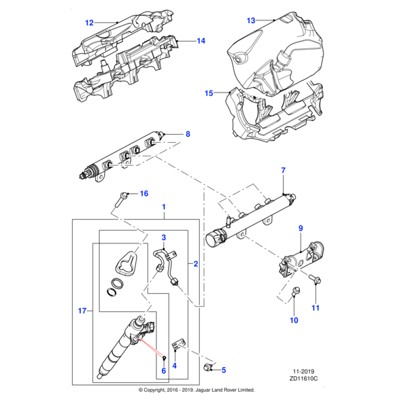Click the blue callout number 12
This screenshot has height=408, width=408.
[89, 23]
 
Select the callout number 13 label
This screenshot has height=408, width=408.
[251, 20]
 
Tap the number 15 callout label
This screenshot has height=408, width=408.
[209, 93]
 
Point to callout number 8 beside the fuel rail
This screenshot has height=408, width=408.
[188, 134]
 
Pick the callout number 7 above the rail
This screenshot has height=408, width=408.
[284, 171]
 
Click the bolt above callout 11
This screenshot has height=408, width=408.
[315, 279]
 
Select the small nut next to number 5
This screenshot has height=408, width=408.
[207, 367]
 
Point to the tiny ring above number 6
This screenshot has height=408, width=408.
[164, 358]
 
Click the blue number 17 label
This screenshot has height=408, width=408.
[82, 311]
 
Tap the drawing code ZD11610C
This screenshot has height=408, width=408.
[303, 379]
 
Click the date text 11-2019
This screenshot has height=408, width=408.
[304, 371]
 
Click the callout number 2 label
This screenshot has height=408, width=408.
[196, 264]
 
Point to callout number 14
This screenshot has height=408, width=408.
[201, 41]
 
